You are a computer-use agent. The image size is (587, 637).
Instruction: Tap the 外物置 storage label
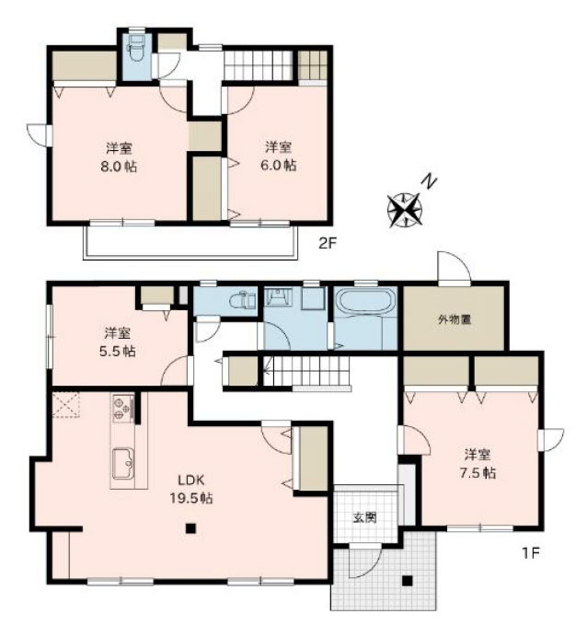pos(454,320)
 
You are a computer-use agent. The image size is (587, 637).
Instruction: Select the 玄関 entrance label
pos(364,517)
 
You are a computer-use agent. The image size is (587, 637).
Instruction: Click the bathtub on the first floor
pos(365,304)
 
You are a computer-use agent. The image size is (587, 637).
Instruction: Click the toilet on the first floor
pos(242,300)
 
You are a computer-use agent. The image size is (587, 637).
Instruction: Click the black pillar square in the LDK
pos(190,528)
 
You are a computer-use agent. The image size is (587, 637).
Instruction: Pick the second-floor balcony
pos(190,241)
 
